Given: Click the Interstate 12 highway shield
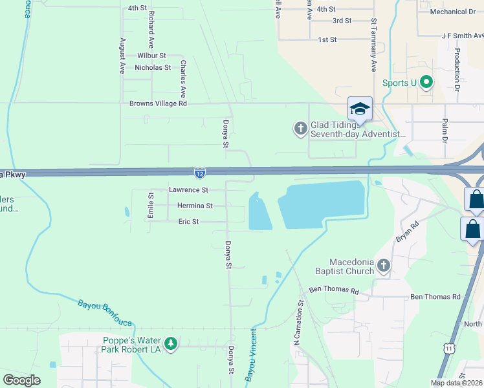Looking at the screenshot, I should tap(200, 173).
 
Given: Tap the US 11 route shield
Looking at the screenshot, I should tap(448, 349).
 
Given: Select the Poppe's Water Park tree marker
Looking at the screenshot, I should tap(170, 343).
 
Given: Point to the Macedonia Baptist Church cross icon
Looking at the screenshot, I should tap(384, 265).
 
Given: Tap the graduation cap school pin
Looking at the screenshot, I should tap(360, 109).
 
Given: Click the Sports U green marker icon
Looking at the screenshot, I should tap(426, 82).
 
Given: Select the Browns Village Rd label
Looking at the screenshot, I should tap(158, 103).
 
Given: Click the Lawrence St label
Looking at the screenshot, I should tap(188, 190).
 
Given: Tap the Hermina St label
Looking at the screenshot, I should tap(195, 206).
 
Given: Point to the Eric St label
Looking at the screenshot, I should tap(188, 222).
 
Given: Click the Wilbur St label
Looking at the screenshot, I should tap(151, 56).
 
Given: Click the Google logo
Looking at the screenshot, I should tap(22, 380).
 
